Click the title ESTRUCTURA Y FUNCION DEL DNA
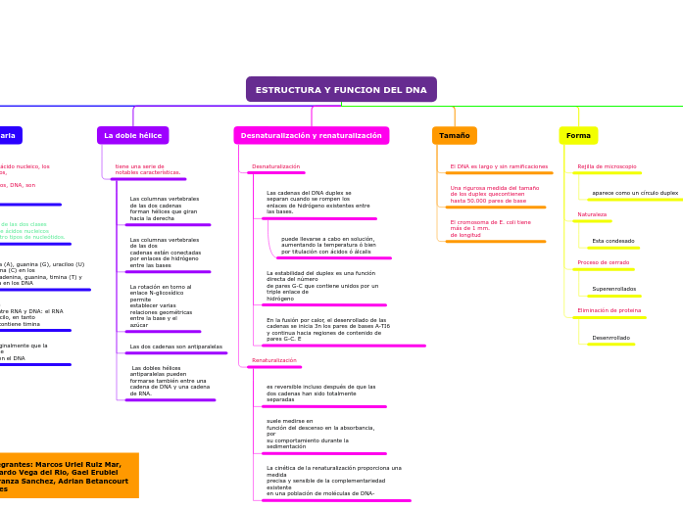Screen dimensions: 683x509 (341, 90)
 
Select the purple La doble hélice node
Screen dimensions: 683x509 (133, 135)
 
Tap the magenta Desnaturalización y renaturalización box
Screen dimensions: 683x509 (312, 135)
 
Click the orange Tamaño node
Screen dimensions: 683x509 (455, 135)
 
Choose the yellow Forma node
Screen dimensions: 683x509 (578, 135)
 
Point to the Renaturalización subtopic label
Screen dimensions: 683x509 (274, 360)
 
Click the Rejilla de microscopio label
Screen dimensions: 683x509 (607, 166)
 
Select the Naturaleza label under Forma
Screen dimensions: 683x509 (592, 214)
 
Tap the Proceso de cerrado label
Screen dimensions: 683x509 (604, 262)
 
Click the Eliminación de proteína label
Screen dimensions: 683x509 (610, 310)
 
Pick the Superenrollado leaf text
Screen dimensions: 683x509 (614, 289)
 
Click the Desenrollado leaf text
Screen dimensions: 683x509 (611, 338)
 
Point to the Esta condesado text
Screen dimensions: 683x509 (613, 241)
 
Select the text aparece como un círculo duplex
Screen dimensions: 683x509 (635, 193)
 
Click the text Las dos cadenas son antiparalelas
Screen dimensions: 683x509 (176, 347)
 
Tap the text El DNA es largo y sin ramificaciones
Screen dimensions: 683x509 (499, 166)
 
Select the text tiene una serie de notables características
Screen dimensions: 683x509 (148, 169)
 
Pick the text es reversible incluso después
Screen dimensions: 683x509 (321, 393)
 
